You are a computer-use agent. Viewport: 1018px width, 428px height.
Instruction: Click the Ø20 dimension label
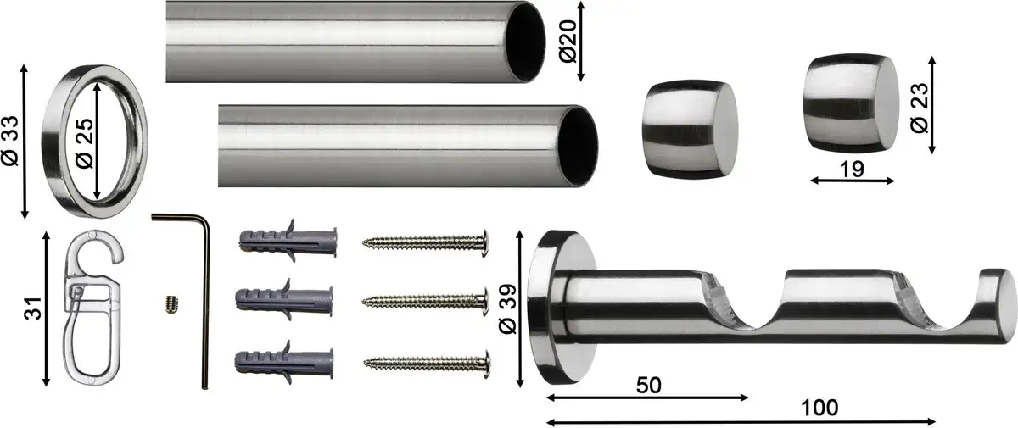tap(568, 42)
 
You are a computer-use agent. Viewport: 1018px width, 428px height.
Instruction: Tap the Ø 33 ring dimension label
tap(10, 142)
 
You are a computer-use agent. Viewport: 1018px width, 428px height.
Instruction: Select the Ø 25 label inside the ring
tap(85, 143)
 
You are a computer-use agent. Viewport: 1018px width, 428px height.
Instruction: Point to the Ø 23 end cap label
tap(920, 108)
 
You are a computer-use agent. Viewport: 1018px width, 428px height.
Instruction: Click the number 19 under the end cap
tap(852, 170)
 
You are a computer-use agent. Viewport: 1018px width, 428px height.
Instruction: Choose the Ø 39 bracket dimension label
tap(507, 309)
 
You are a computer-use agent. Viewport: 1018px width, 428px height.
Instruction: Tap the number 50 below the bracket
tap(648, 386)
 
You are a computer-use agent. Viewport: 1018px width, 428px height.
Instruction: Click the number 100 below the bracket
tap(819, 408)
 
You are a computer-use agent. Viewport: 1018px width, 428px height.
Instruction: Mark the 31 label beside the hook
tap(33, 308)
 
